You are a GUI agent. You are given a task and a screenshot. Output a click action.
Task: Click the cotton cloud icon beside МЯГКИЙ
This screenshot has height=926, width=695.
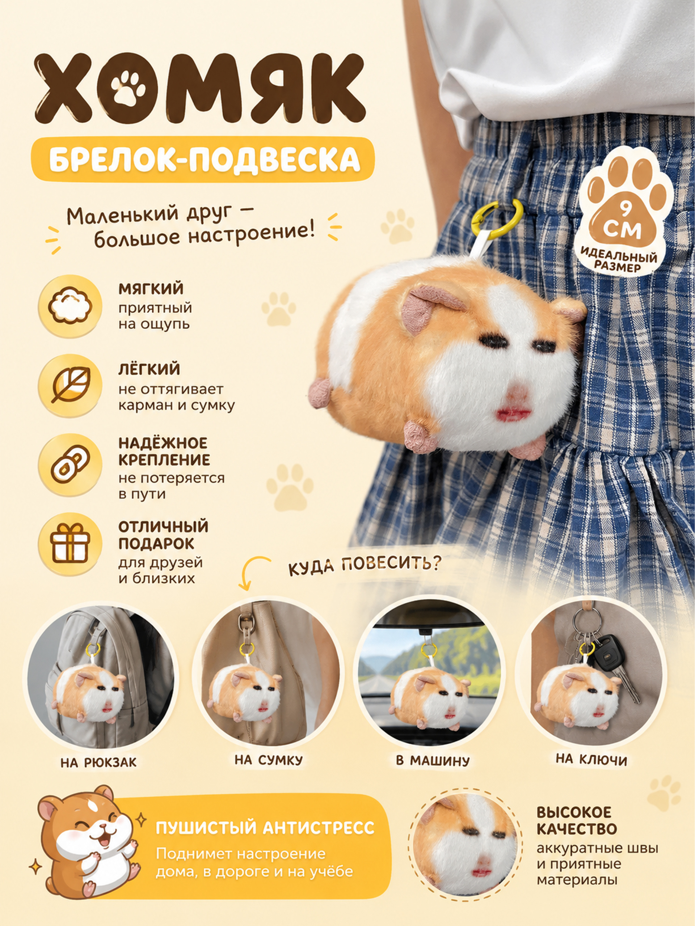click(70, 306)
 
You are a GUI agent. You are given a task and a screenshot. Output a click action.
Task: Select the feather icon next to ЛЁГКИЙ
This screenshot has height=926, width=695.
click(70, 386)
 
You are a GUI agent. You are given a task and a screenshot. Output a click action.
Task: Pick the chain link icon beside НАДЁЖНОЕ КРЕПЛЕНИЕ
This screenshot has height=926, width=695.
click(70, 466)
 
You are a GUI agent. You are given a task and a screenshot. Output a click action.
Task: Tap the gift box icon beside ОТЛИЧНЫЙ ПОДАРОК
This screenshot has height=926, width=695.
click(70, 545)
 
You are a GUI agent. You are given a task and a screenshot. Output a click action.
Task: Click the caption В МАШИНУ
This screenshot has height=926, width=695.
click(433, 760)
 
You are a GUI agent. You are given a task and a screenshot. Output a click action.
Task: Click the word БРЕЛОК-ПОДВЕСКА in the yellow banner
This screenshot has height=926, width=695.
click(205, 159)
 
